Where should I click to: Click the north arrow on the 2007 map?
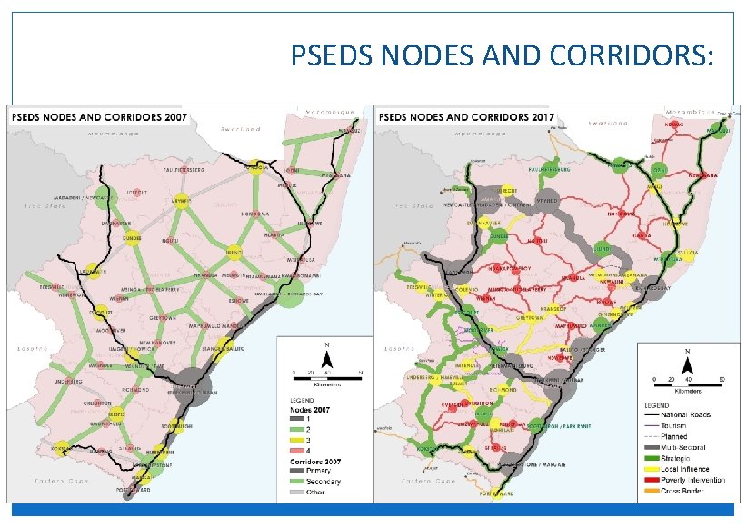(327, 357)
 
